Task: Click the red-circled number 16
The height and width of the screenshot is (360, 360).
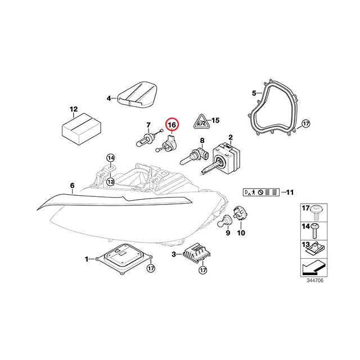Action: tap(172, 125)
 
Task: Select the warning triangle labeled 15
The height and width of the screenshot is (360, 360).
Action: tap(201, 121)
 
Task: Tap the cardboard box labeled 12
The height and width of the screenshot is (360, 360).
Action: tap(82, 129)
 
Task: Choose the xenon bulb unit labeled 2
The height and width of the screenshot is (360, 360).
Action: tap(224, 157)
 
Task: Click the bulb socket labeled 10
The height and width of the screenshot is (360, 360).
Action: tap(240, 214)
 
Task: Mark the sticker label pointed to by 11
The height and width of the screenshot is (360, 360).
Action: tap(261, 192)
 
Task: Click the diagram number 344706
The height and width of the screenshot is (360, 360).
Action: tap(315, 280)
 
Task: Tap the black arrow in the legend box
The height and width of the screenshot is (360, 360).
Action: tap(314, 268)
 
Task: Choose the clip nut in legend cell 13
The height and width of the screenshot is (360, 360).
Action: tap(314, 249)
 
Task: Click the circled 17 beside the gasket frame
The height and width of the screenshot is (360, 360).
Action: tap(305, 124)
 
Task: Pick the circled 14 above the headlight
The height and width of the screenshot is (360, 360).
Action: tap(111, 158)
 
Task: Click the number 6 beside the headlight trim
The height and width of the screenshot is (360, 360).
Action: tap(73, 185)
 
